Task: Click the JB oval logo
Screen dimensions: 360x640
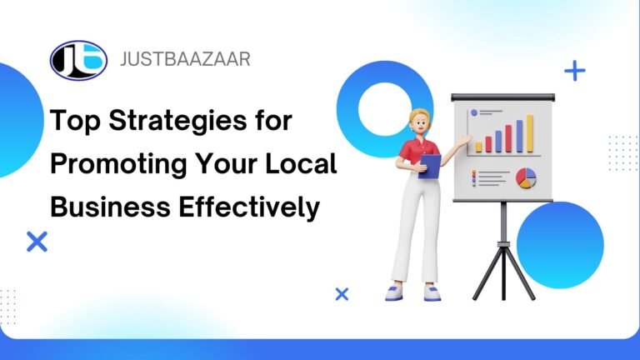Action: click(x=78, y=60)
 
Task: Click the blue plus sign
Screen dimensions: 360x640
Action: click(x=574, y=71)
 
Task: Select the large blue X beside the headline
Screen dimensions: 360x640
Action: click(x=37, y=242)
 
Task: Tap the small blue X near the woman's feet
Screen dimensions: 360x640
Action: click(x=341, y=293)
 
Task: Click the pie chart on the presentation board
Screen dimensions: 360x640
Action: click(x=527, y=177)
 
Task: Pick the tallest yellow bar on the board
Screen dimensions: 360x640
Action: click(x=528, y=134)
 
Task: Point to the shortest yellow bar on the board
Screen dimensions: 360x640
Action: click(x=478, y=147)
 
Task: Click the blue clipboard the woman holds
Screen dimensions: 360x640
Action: click(x=429, y=166)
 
